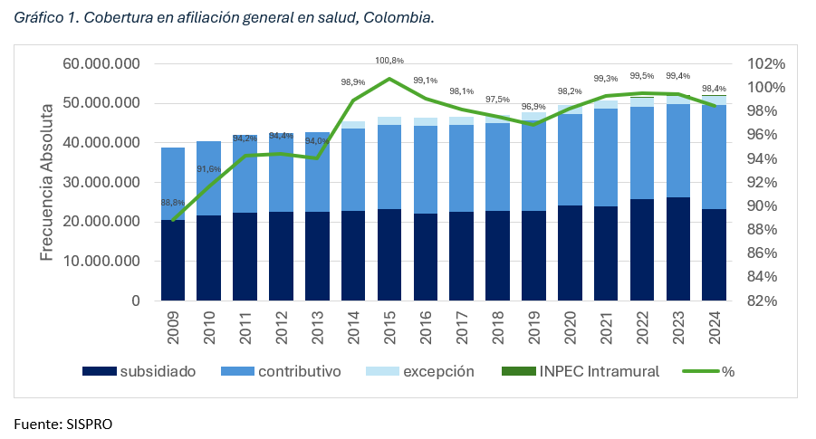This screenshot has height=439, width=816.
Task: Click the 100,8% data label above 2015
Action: click(389, 61)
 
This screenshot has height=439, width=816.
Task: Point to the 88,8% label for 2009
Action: click(173, 203)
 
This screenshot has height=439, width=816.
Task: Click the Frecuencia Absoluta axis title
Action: click(48, 181)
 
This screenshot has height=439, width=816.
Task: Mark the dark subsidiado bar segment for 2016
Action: click(426, 257)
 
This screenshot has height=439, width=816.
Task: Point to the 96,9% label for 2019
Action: click(534, 107)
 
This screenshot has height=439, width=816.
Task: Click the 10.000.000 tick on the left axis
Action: click(101, 261)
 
